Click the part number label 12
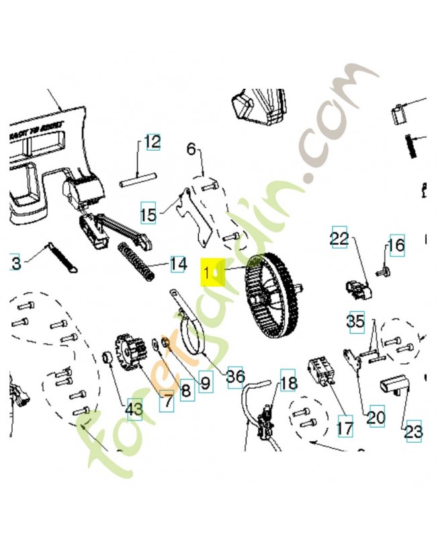tap(152, 143)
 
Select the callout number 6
tap(191, 149)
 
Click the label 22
tap(339, 238)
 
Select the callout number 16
tap(396, 245)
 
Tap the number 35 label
tap(356, 321)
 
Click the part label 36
tap(235, 376)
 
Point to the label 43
tap(134, 407)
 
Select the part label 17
tap(345, 426)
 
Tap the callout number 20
tap(376, 418)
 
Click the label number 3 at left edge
tap(15, 263)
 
